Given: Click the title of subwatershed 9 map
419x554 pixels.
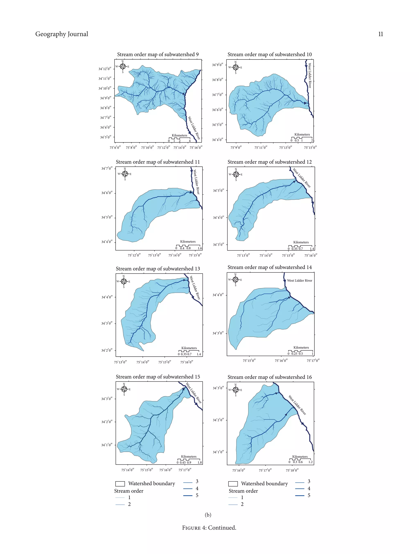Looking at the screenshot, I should [158, 54].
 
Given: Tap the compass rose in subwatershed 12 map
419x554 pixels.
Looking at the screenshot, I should [236, 174].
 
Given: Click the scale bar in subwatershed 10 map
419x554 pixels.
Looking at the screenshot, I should [302, 138].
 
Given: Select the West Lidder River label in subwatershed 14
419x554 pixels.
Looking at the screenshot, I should [300, 281].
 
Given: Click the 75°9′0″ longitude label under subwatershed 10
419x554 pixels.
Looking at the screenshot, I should [236, 148].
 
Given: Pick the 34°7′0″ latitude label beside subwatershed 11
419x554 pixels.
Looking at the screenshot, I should [107, 168].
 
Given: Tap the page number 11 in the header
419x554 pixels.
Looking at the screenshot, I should [381, 34].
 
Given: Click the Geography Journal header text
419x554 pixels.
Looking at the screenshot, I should [62, 34].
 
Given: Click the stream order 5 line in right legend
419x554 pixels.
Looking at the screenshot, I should [300, 495].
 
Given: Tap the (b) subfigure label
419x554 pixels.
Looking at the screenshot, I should [208, 515].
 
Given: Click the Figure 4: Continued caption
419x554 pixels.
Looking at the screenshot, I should [209, 528].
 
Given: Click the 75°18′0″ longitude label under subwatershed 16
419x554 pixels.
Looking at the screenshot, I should [292, 470].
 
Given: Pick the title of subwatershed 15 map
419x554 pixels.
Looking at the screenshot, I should [158, 377].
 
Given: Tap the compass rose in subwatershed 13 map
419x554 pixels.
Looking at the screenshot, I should [124, 281].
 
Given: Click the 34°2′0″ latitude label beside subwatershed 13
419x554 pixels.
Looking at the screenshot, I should [107, 350].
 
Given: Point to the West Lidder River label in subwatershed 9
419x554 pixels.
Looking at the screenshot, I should [194, 128].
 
